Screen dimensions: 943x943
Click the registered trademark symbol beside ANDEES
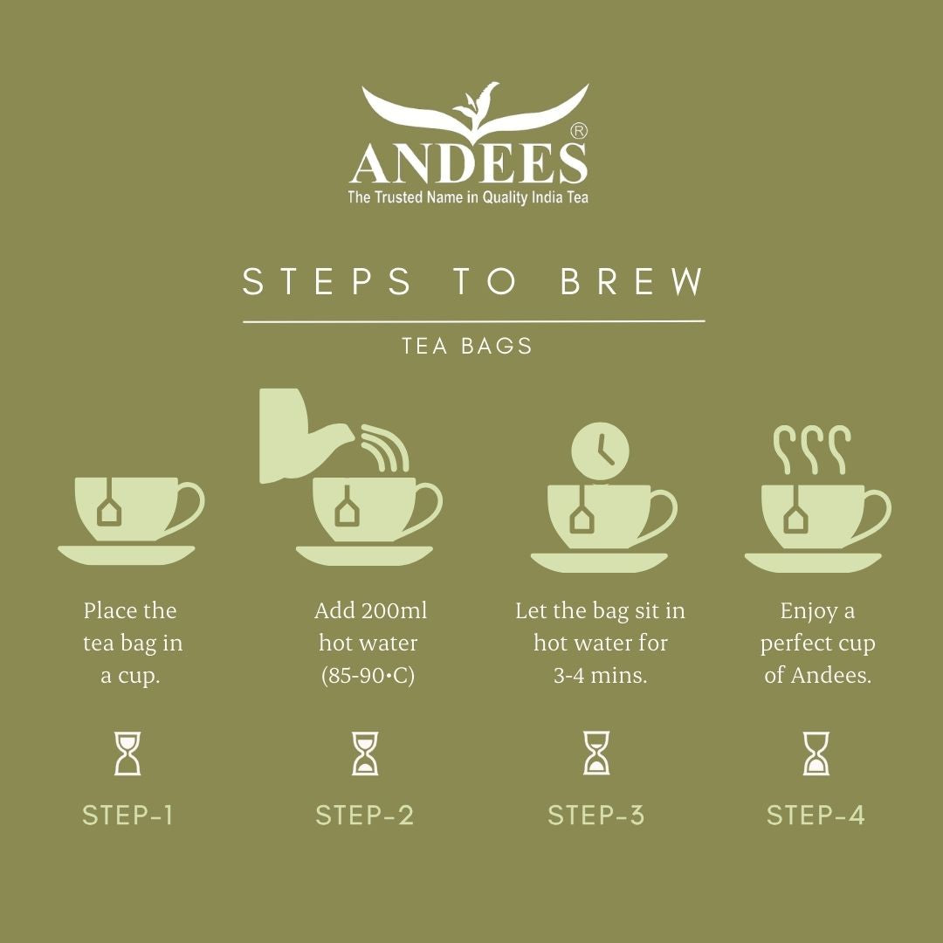(x=578, y=131)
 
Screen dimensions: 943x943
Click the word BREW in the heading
(x=632, y=281)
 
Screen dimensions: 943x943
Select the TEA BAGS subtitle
(x=467, y=346)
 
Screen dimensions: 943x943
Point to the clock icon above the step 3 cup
(x=600, y=451)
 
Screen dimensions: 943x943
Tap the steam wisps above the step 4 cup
(x=812, y=450)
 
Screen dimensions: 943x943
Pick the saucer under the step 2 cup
(x=364, y=555)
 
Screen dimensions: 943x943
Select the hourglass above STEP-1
(x=127, y=753)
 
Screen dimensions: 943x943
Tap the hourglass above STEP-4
(x=816, y=753)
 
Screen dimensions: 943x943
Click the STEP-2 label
(x=365, y=816)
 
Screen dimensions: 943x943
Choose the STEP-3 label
(x=596, y=816)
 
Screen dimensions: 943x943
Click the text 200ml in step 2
(x=395, y=610)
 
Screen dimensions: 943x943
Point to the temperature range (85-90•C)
(x=368, y=675)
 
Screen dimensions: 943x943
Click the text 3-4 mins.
(x=600, y=675)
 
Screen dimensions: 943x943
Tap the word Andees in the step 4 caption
(x=830, y=675)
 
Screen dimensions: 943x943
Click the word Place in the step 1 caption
(x=109, y=610)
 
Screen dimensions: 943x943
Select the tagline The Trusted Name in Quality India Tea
(x=468, y=197)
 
